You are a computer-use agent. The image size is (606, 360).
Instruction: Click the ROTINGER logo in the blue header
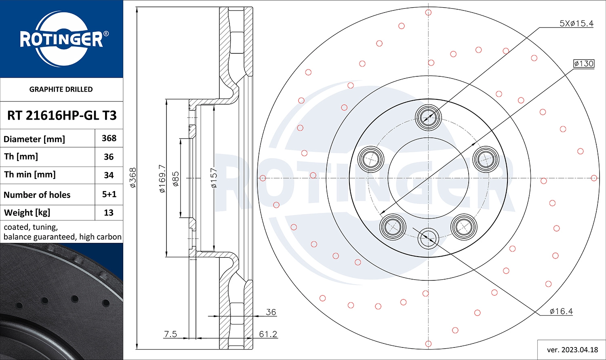click(x=61, y=39)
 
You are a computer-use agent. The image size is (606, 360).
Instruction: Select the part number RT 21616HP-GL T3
click(x=62, y=116)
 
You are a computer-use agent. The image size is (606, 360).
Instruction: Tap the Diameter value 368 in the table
click(x=109, y=138)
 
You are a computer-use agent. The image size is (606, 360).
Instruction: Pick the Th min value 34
click(x=109, y=175)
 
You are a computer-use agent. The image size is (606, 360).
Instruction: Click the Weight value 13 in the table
click(x=109, y=213)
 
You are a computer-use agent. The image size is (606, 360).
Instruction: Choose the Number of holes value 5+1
click(x=109, y=194)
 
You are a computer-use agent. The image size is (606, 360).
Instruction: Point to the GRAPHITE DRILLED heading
click(x=61, y=89)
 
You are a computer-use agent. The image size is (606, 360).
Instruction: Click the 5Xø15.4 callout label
click(x=576, y=23)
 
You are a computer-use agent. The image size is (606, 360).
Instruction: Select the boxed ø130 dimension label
click(x=584, y=63)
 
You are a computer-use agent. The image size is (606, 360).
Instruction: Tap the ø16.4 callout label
click(x=561, y=311)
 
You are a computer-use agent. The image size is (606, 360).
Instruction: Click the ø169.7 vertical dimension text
click(x=162, y=178)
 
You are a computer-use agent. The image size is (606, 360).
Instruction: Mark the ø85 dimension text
click(x=176, y=179)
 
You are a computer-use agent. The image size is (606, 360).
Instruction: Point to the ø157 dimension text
click(x=214, y=178)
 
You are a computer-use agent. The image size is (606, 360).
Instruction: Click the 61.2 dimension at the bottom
click(x=268, y=334)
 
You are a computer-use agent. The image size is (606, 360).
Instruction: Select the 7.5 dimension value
click(x=170, y=334)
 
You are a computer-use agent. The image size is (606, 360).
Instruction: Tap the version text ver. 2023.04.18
click(x=572, y=350)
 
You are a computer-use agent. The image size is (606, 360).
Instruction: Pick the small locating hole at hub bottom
click(x=428, y=238)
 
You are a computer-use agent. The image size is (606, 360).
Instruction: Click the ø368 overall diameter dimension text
click(x=133, y=178)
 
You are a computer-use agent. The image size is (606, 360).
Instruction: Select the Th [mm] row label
click(x=21, y=156)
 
